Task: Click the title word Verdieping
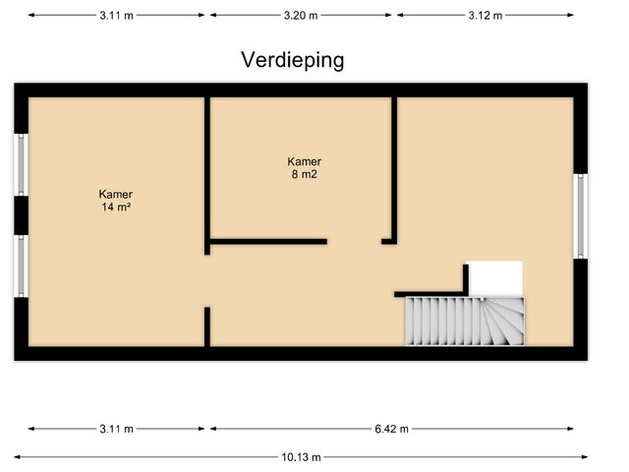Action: pos(293,60)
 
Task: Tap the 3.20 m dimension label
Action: pos(301,16)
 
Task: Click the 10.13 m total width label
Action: pos(302,457)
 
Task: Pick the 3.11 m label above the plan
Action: pos(117,16)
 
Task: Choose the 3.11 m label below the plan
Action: pos(117,429)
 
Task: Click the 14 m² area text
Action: pos(115,207)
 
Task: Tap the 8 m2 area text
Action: pos(304,175)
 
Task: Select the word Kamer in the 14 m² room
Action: pos(115,195)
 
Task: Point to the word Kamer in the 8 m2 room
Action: pos(304,162)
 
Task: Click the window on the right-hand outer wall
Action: pos(581,216)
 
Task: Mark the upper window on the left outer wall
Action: pos(21,163)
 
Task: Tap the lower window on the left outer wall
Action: pos(21,265)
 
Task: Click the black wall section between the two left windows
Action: pos(21,214)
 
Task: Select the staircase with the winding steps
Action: pos(466,321)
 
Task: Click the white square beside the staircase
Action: pos(494,277)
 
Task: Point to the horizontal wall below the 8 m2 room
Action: pos(267,241)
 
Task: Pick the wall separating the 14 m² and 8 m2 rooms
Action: pos(207,172)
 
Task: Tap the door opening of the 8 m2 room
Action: pos(354,241)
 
